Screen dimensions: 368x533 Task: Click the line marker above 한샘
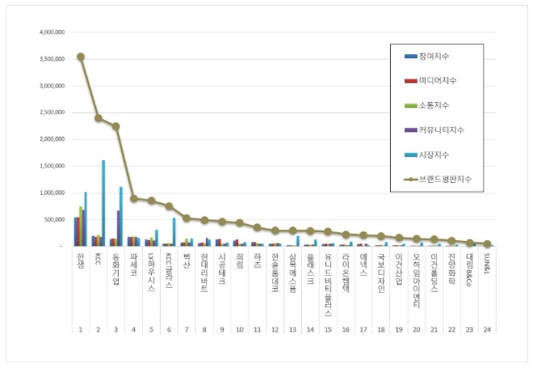pos(81,57)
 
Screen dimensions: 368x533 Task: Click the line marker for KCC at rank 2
pos(99,118)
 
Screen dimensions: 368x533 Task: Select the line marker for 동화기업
pos(116,126)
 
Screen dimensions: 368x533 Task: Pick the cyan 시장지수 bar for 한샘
pos(86,218)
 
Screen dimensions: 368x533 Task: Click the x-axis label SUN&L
pos(487,263)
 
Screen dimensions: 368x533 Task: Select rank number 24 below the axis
pos(487,331)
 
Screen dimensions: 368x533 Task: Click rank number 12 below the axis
pos(275,331)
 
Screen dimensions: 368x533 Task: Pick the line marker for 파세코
pos(134,198)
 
